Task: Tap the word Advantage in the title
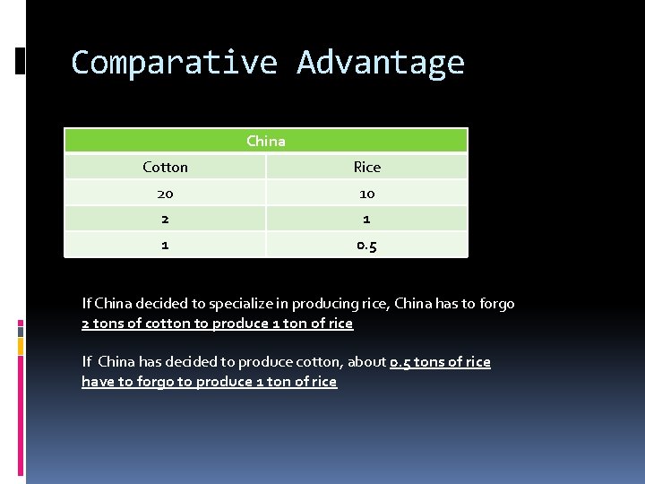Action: click(x=381, y=63)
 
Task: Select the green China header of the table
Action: click(x=266, y=141)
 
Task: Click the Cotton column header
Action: click(x=166, y=167)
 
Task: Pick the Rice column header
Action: click(x=366, y=167)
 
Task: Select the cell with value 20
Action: click(x=166, y=193)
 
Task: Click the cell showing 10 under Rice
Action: click(x=366, y=193)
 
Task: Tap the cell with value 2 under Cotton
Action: click(x=166, y=219)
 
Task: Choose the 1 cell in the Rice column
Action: click(x=366, y=219)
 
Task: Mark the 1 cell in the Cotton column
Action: click(x=166, y=245)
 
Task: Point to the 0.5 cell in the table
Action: click(x=366, y=245)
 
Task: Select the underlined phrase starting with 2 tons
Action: click(x=217, y=324)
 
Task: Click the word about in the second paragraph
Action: click(x=369, y=362)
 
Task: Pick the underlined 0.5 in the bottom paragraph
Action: click(x=400, y=362)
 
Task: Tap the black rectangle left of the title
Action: click(x=21, y=60)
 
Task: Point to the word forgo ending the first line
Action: click(x=496, y=304)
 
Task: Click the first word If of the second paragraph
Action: click(x=87, y=362)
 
